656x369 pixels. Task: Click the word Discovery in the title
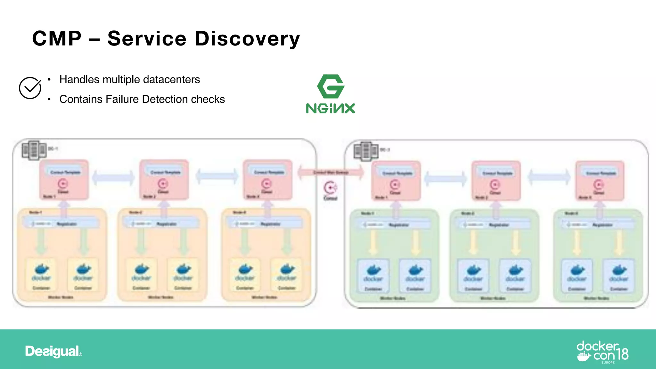(247, 38)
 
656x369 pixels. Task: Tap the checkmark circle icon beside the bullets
(30, 88)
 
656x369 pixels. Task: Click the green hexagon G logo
(331, 86)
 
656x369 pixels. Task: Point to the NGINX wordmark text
(331, 109)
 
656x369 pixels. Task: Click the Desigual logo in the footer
(53, 351)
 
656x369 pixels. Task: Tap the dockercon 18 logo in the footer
(602, 352)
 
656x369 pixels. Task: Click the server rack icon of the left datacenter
(34, 150)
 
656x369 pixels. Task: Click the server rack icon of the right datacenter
(366, 151)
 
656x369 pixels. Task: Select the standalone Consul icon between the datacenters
(330, 188)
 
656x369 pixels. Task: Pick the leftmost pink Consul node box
(64, 179)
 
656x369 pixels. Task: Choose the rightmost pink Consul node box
(599, 181)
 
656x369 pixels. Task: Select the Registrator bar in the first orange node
(61, 223)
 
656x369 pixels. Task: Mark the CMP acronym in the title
(57, 38)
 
